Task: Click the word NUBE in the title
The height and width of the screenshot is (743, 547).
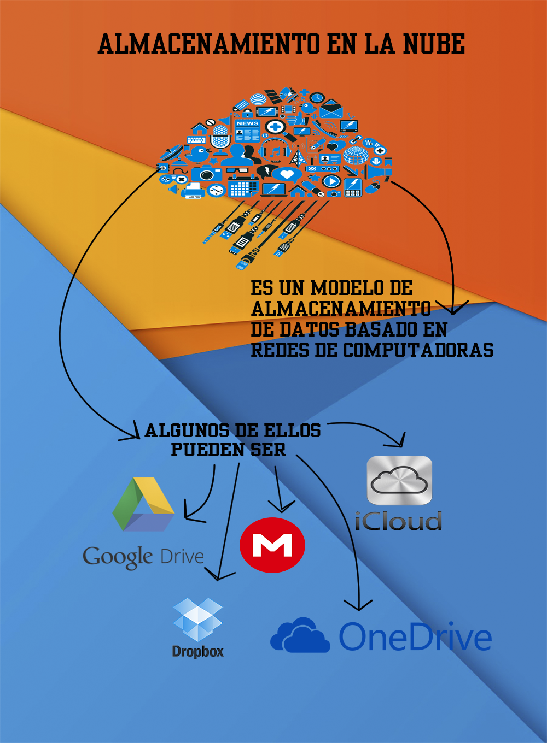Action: tap(434, 44)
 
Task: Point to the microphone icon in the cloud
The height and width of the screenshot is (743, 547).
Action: tap(220, 137)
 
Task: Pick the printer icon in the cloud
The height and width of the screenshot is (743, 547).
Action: tap(193, 190)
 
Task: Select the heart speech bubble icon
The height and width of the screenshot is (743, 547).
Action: tap(287, 175)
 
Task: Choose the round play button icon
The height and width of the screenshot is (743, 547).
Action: tap(331, 181)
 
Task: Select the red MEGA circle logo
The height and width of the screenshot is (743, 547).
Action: tap(272, 545)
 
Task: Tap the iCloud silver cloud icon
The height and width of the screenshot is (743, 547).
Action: tap(399, 480)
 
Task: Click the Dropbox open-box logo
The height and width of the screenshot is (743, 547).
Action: tap(197, 620)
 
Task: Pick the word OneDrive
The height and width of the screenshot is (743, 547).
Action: tap(415, 637)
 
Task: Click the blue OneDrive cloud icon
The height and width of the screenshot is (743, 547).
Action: tap(300, 636)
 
